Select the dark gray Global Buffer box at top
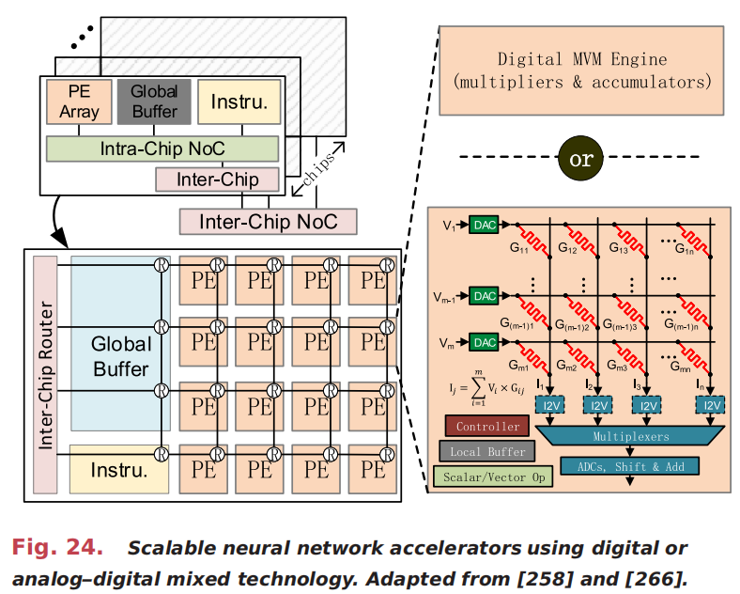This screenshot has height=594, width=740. pos(154,102)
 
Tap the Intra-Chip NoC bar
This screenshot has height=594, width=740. pos(162,148)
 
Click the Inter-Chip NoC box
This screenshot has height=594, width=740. pos(269,222)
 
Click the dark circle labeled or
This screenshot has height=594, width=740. pos(580,159)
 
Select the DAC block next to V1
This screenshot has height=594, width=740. pos(484,226)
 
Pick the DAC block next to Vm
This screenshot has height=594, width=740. pos(484,343)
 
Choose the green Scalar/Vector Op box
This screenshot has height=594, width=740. pos(494,477)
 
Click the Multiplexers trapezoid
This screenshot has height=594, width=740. pos(630,437)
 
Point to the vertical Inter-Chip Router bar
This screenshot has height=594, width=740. pos(46,374)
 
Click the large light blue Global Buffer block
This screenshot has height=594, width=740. pos(120,357)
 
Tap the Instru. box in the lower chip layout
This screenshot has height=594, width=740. pos(119,469)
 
